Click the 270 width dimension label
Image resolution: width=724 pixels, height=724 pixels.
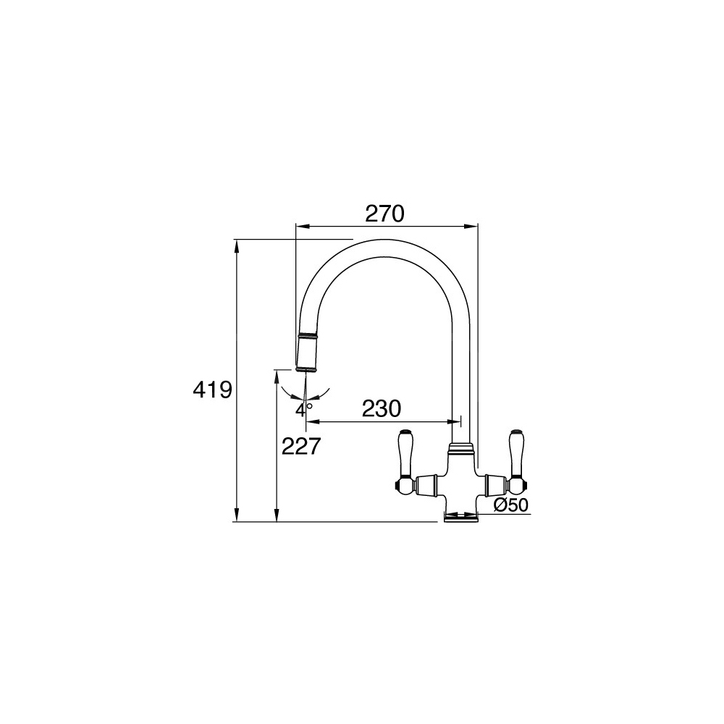[x=384, y=214]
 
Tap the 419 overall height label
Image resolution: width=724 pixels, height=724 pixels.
[x=212, y=391]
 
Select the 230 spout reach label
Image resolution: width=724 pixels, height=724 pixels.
[x=382, y=408]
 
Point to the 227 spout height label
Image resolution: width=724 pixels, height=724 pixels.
[x=301, y=446]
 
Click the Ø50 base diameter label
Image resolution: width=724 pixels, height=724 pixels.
[x=510, y=505]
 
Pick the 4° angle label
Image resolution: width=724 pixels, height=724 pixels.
[x=304, y=409]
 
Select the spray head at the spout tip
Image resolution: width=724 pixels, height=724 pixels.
[x=306, y=351]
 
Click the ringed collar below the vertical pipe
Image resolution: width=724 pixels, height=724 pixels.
[x=460, y=447]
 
